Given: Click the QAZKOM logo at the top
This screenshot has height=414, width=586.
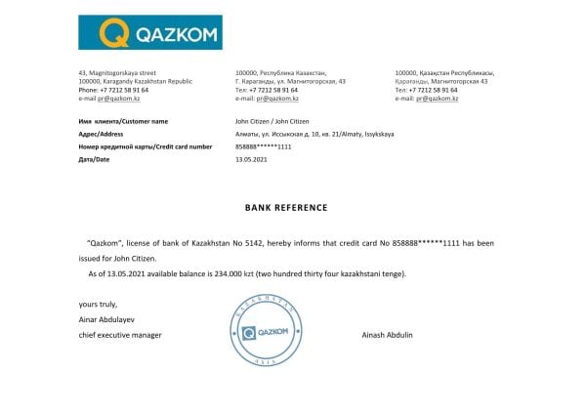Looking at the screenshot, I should (x=149, y=32).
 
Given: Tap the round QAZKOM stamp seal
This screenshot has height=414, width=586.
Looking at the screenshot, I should (x=263, y=333).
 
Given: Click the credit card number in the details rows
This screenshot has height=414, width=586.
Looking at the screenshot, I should (x=264, y=146).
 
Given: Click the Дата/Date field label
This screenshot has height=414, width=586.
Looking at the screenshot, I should (x=95, y=159).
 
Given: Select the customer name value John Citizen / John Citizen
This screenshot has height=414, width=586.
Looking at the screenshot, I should (x=271, y=121).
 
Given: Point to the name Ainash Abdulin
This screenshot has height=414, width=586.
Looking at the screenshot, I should (x=387, y=335).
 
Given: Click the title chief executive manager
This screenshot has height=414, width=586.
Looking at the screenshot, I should (x=119, y=335).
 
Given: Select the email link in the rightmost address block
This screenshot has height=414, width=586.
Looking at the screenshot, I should (x=438, y=99).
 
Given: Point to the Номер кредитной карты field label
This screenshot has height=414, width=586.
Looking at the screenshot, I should (x=144, y=146).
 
